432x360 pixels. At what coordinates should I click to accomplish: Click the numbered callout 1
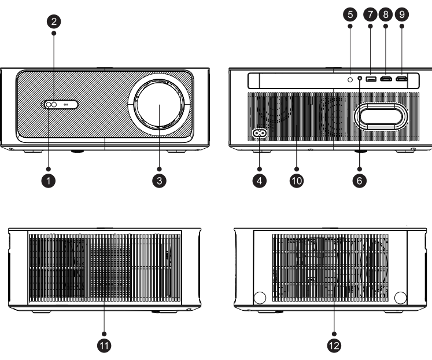click(x=50, y=180)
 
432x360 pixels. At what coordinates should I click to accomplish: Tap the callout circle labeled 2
click(x=54, y=22)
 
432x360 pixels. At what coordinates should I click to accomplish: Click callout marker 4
click(x=260, y=180)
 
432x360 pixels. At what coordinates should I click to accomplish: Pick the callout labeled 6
click(x=359, y=180)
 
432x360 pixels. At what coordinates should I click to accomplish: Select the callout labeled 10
click(x=296, y=180)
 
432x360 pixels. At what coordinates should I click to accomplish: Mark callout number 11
click(x=105, y=346)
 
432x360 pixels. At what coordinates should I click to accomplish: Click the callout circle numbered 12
click(x=334, y=346)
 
